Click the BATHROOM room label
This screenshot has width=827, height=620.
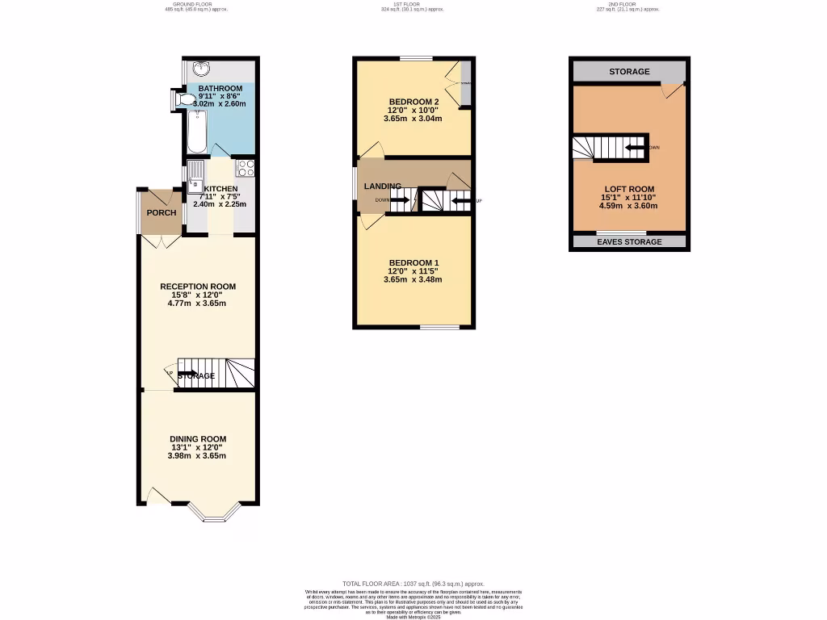pos(220,89)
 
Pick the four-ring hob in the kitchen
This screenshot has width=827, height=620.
pos(246,169)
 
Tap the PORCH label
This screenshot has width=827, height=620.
pos(161,213)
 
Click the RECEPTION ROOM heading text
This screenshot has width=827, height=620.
pos(198,287)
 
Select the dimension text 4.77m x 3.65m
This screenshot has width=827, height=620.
pos(197,304)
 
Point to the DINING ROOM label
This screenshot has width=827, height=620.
pos(198,438)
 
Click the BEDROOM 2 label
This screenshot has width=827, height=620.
pos(413,101)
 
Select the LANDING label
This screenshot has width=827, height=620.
pos(382,187)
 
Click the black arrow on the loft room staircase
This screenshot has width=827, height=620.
pos(636,148)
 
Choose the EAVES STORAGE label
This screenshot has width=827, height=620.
pos(629,242)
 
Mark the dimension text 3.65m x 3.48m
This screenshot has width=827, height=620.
pos(413,280)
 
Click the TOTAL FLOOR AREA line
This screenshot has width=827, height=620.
pos(413,584)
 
